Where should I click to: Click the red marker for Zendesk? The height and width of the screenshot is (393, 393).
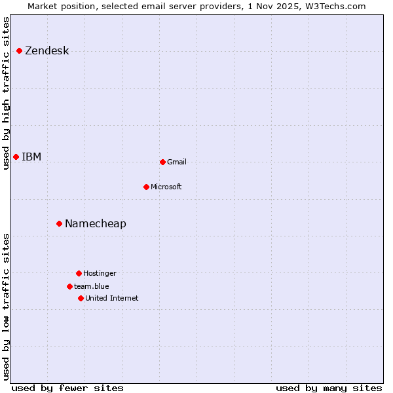(x=20, y=50)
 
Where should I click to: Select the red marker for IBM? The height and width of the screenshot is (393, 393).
(x=16, y=157)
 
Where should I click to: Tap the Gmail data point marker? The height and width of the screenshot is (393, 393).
(x=162, y=162)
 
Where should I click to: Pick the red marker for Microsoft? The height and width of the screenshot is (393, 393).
(x=146, y=187)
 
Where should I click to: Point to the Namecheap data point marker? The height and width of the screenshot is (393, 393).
(x=59, y=223)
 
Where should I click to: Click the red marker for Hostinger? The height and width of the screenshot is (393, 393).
(x=79, y=273)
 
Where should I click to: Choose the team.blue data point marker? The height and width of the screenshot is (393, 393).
(x=69, y=286)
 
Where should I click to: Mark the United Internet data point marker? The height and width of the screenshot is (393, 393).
(x=81, y=298)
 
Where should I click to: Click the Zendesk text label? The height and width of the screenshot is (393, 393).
(x=47, y=51)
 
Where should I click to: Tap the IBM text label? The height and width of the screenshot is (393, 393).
(x=31, y=157)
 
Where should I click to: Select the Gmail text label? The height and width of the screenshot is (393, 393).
(x=177, y=162)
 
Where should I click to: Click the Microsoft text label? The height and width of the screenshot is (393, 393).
(x=166, y=187)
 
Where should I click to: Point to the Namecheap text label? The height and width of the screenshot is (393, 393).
(x=96, y=223)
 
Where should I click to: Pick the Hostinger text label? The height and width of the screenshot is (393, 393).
(x=100, y=273)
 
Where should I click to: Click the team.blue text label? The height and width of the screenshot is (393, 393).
(x=92, y=286)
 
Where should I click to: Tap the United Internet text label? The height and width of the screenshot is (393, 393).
(x=112, y=298)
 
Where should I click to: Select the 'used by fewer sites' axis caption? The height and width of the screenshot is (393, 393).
(x=67, y=388)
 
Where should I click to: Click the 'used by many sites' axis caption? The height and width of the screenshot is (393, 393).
(x=329, y=388)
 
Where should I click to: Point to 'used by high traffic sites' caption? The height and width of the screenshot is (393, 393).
(x=7, y=93)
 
